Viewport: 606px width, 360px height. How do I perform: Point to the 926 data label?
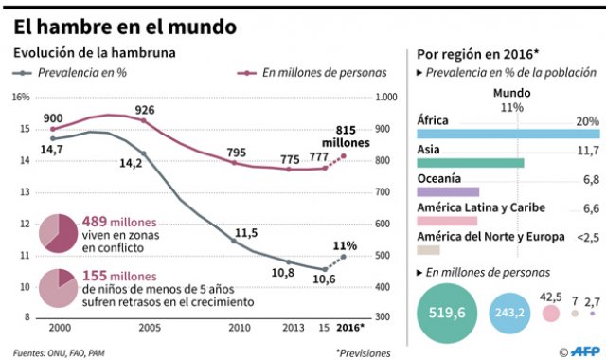coord(144,109)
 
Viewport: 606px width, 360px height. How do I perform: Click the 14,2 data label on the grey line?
coord(130,163)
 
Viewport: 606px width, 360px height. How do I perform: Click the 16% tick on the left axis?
coord(20,97)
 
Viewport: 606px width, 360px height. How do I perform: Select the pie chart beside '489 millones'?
coord(59,233)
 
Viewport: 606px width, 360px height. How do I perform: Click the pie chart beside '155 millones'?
coord(59,288)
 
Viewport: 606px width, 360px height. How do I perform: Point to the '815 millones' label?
coord(358,135)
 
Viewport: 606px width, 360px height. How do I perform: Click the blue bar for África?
coord(508,135)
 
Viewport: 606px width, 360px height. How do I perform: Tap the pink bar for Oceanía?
coord(448,191)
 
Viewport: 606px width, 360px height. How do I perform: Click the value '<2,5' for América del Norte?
coord(586,236)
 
